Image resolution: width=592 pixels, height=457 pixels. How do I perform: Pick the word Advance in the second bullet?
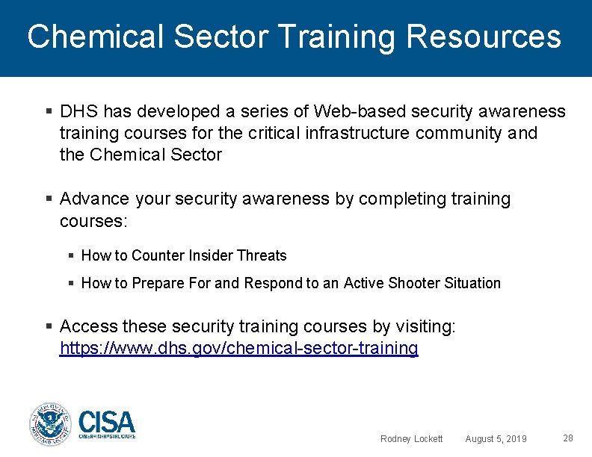(94, 199)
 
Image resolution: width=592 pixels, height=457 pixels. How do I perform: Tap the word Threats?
(262, 255)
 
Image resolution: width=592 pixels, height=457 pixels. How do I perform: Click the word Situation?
(472, 283)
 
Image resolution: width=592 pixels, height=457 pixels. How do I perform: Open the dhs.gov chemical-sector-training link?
(238, 348)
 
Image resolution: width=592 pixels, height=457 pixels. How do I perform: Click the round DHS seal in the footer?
(49, 424)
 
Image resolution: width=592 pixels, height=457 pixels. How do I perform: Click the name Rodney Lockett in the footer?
(411, 439)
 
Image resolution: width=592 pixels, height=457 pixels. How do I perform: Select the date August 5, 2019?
(496, 439)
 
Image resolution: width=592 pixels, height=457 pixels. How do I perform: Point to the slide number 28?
(567, 438)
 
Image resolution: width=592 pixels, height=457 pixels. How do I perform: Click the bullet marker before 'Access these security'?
(49, 326)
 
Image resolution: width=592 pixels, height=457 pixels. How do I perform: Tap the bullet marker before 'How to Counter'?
(71, 255)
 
